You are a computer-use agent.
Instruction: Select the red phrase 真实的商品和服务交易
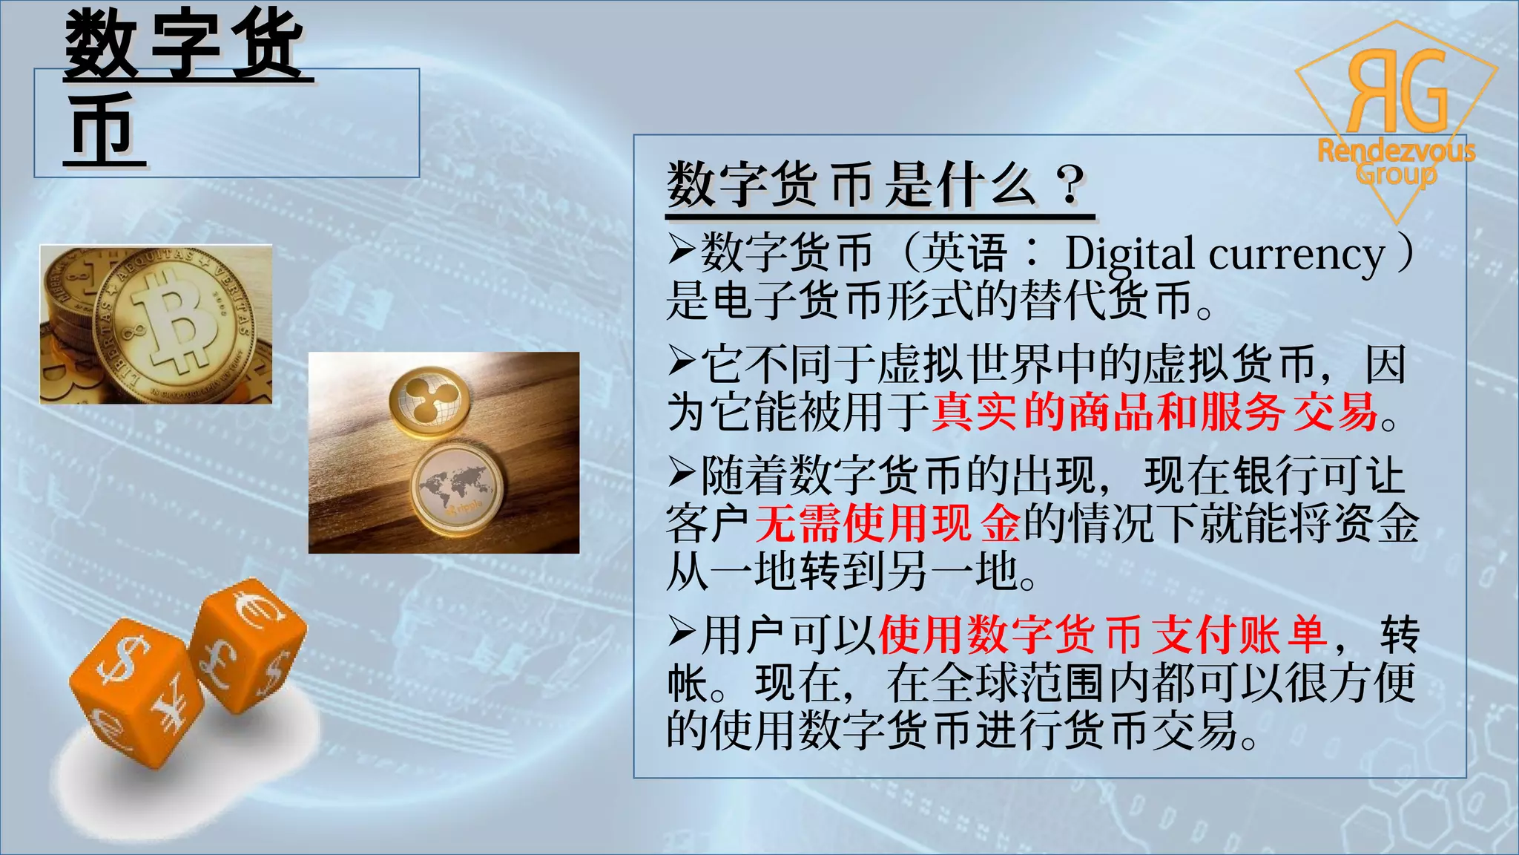tap(1154, 413)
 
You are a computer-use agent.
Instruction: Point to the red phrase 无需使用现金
tap(888, 524)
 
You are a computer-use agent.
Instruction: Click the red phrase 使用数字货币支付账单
tap(1102, 635)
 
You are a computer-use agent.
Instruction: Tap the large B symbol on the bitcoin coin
tap(175, 324)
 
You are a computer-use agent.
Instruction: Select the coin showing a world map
tap(456, 488)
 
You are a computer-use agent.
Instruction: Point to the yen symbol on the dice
tap(172, 704)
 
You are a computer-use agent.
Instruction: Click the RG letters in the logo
tap(1397, 91)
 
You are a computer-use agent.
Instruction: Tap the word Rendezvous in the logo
tap(1396, 151)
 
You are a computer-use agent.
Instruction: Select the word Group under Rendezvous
tap(1396, 175)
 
